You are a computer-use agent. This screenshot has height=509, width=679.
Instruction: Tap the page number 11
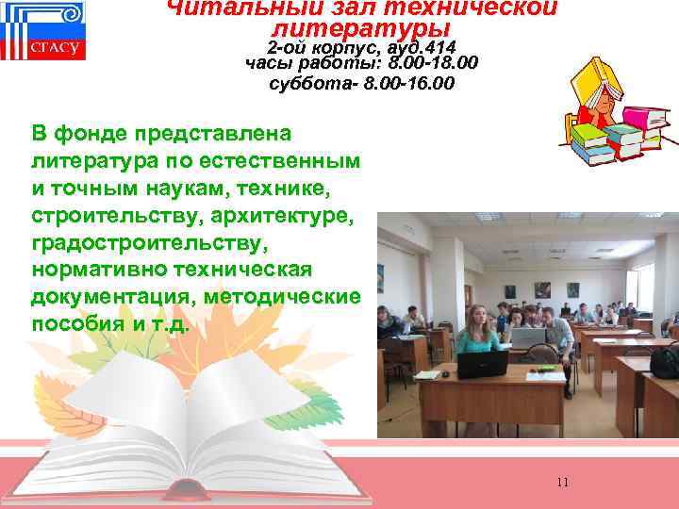click(x=563, y=483)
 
